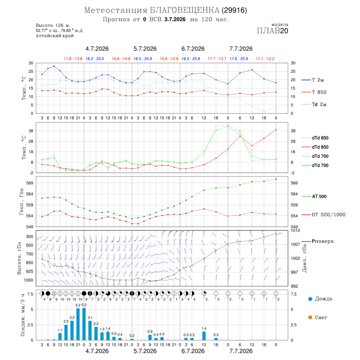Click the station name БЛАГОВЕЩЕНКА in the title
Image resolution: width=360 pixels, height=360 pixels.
[184, 10]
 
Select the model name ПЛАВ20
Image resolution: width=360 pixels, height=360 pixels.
[272, 31]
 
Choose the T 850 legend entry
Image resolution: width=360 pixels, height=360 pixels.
[314, 92]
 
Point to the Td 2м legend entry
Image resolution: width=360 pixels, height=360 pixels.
[314, 104]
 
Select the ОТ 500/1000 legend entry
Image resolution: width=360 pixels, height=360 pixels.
[324, 215]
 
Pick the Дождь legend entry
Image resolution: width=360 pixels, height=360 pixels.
[320, 299]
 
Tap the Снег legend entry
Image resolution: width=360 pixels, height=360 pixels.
[318, 317]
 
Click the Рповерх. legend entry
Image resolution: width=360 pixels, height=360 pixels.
[318, 241]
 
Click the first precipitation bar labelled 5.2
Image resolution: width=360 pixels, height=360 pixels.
[78, 324]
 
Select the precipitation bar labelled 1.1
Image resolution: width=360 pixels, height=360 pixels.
[60, 336]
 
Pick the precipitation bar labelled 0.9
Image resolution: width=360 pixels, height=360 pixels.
[150, 337]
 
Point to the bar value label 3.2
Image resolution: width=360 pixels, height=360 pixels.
[72, 318]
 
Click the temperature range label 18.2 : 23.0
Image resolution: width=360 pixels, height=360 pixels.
[95, 59]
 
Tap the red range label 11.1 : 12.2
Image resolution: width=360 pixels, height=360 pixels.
[265, 59]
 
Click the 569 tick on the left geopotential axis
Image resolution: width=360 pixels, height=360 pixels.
[30, 183]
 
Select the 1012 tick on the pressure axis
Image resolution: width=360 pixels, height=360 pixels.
[296, 230]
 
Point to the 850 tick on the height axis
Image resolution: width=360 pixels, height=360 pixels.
[29, 263]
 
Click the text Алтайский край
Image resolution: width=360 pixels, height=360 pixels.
[55, 36]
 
